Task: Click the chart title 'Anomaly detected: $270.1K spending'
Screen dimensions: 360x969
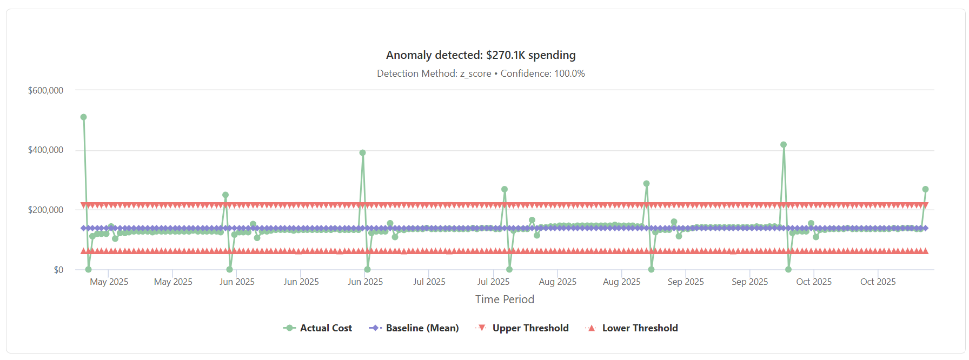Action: pyautogui.click(x=480, y=55)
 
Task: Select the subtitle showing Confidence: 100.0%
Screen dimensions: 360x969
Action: pyautogui.click(x=480, y=74)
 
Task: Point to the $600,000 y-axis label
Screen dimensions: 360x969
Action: pyautogui.click(x=45, y=90)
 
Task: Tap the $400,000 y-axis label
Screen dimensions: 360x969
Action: pyautogui.click(x=45, y=150)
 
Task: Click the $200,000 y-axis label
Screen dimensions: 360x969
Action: pyautogui.click(x=45, y=210)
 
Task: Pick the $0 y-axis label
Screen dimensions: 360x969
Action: pyautogui.click(x=58, y=270)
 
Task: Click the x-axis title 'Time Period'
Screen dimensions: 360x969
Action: pyautogui.click(x=504, y=299)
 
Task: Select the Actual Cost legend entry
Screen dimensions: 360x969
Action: pyautogui.click(x=318, y=328)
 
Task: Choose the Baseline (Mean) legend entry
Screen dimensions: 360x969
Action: pyautogui.click(x=414, y=328)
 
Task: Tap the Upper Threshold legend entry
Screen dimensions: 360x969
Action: pyautogui.click(x=522, y=328)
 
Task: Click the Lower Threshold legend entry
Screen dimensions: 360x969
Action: pyautogui.click(x=632, y=328)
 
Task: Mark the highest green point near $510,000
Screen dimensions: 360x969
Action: pyautogui.click(x=83, y=117)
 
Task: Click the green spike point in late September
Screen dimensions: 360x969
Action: pyautogui.click(x=784, y=145)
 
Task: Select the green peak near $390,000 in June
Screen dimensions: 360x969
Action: pyautogui.click(x=362, y=153)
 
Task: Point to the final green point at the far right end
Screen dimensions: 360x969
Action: pyautogui.click(x=925, y=189)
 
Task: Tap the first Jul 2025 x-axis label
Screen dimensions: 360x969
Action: pyautogui.click(x=429, y=282)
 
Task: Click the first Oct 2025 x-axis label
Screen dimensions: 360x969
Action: pyautogui.click(x=813, y=282)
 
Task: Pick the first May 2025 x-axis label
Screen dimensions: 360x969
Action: pyautogui.click(x=109, y=282)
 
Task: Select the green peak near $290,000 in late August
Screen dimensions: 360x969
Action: pyautogui.click(x=646, y=184)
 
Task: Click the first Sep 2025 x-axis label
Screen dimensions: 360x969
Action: pyautogui.click(x=685, y=282)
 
